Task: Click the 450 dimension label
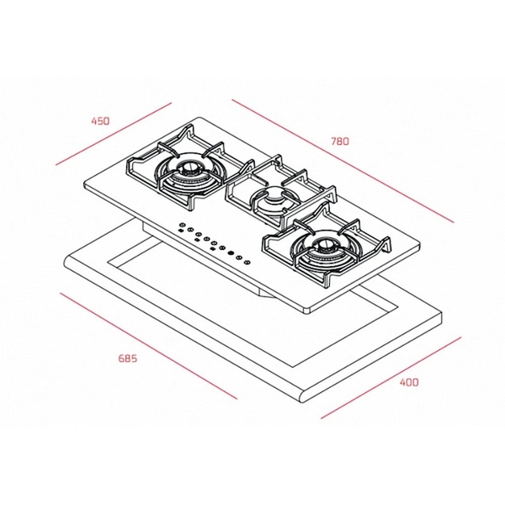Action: click(100, 121)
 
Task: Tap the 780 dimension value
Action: click(339, 141)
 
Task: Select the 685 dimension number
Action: click(127, 359)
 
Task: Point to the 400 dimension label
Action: click(408, 382)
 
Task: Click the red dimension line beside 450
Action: click(113, 135)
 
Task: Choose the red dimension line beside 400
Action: click(391, 375)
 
